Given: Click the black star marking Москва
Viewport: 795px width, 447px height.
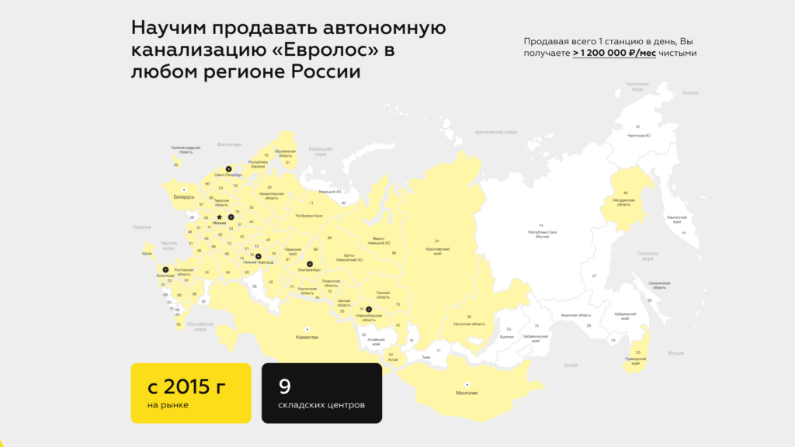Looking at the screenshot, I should click(219, 217).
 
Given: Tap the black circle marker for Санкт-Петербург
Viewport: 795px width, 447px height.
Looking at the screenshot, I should click(228, 168).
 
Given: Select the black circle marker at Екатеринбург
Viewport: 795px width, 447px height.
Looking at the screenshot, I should click(310, 265).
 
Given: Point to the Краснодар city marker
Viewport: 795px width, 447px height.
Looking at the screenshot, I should click(165, 269).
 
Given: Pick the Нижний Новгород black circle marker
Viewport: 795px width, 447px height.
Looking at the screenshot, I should click(259, 256).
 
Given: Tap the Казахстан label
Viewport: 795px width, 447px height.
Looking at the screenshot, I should click(307, 338).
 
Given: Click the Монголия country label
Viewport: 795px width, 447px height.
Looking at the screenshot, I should click(467, 393).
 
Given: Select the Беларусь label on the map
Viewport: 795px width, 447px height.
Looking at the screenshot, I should click(184, 197).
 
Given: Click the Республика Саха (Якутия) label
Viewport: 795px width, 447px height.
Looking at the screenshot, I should click(543, 234).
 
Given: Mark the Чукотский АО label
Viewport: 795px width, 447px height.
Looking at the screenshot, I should click(638, 135).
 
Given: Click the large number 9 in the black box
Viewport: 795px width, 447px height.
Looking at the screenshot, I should click(285, 386).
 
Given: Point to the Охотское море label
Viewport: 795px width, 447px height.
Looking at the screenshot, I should click(647, 256).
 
